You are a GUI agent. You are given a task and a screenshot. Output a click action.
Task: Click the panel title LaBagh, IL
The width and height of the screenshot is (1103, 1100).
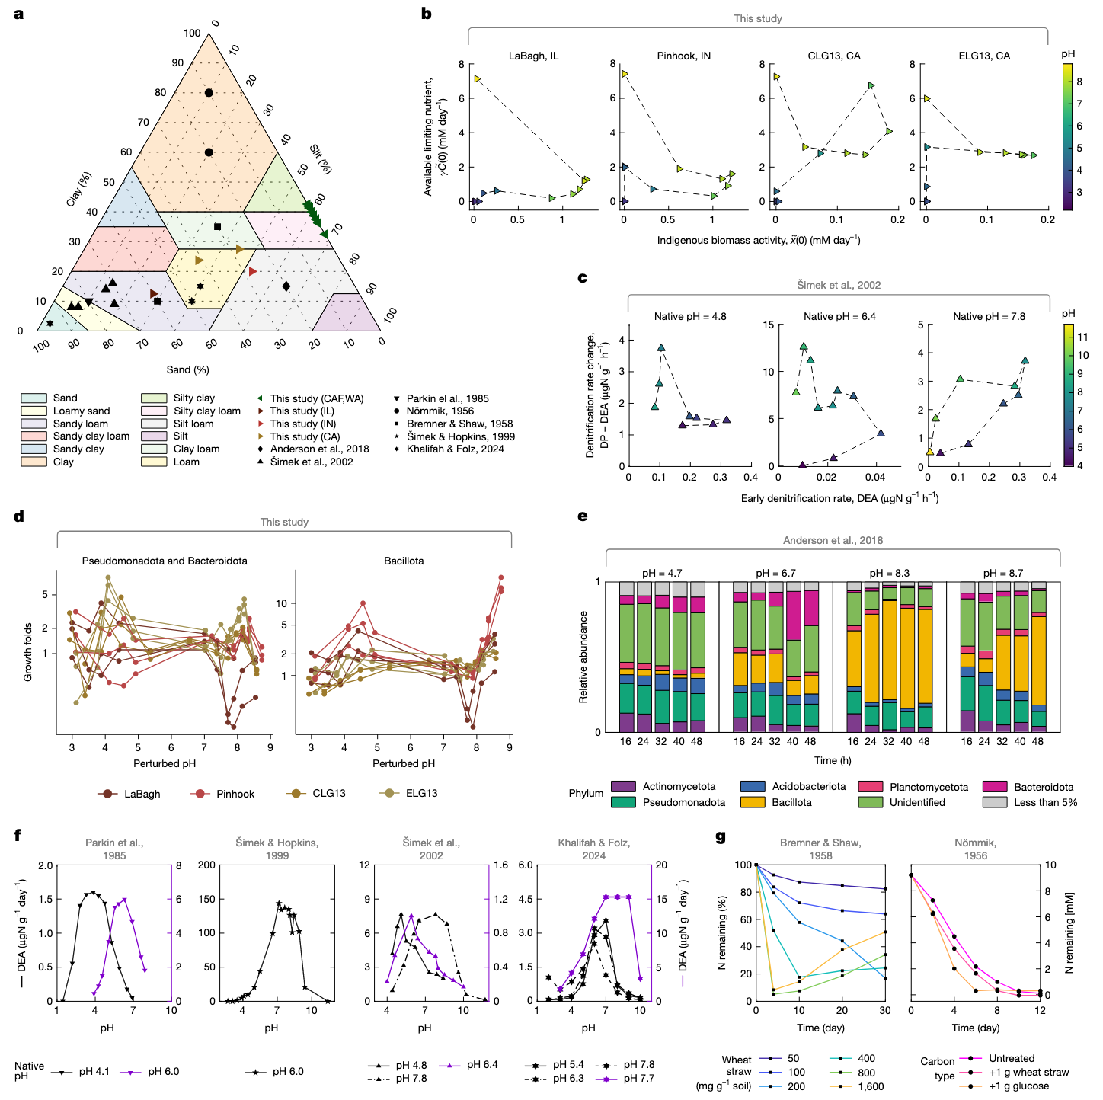[x=533, y=56]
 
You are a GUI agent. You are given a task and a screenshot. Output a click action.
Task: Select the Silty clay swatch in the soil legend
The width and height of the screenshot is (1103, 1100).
[x=154, y=398]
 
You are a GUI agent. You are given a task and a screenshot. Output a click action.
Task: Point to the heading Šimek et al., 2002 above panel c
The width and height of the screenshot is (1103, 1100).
[x=839, y=285]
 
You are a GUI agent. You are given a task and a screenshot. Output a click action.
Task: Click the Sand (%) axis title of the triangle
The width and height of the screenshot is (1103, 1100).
[x=187, y=369]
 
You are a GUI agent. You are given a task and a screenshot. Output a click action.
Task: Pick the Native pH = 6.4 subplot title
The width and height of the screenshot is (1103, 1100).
[x=839, y=316]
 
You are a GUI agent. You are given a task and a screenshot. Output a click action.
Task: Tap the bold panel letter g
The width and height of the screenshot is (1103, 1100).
[x=721, y=836]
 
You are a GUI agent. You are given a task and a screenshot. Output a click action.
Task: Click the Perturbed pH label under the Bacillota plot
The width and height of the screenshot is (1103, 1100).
[x=404, y=763]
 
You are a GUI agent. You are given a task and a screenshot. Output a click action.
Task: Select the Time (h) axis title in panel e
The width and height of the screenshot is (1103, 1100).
[x=833, y=760]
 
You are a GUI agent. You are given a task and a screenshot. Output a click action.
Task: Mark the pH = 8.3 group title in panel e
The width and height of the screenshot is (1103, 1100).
[x=889, y=573]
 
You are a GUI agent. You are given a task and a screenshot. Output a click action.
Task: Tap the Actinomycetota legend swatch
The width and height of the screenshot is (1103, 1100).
[x=623, y=786]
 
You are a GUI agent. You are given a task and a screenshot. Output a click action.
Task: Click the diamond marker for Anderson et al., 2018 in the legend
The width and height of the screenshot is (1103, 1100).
[x=261, y=449]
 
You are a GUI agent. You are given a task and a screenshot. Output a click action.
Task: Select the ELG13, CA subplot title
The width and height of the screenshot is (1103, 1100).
[x=984, y=56]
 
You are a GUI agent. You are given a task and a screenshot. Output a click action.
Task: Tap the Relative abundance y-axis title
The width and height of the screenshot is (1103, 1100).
[x=583, y=657]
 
